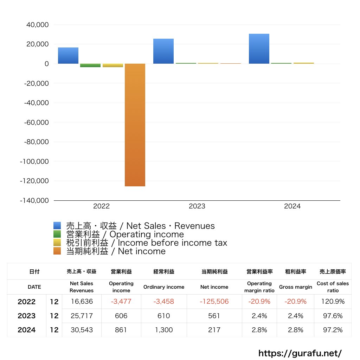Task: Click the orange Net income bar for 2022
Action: coord(135,125)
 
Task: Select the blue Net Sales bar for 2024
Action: coord(259,49)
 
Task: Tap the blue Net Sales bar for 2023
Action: coord(163,51)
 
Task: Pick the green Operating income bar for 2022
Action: coord(90,65)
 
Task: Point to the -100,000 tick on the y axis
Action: coord(34,161)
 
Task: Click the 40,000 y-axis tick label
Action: coord(37,25)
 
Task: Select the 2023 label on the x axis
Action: coord(197,206)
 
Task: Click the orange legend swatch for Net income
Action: coord(57,251)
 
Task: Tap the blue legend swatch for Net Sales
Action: coord(57,225)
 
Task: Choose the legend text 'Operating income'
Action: coord(147,234)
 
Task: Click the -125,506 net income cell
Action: coord(214,301)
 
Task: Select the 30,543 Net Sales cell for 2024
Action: coord(82,330)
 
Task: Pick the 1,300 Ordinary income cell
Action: coord(164,330)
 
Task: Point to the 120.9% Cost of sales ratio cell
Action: coord(333,301)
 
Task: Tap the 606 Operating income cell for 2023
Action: coord(121,316)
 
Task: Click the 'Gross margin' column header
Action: coord(295,287)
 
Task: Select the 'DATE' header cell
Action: coord(34,287)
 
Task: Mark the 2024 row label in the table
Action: coord(27,330)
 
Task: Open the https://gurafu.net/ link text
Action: coord(300,353)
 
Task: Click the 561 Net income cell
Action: coord(214,316)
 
